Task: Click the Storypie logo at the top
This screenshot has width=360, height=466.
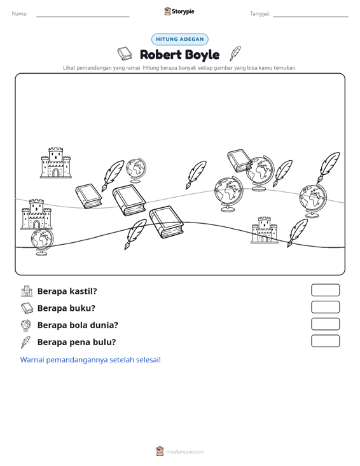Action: tap(179, 11)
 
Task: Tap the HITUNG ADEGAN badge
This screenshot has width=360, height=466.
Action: tap(180, 39)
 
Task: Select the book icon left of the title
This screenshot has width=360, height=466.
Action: tap(125, 53)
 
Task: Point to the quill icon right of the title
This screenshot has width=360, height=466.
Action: tap(235, 53)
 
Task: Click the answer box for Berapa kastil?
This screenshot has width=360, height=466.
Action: tap(325, 290)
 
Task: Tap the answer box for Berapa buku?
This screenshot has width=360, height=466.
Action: tap(325, 307)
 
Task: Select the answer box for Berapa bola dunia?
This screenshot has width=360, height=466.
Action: tap(325, 324)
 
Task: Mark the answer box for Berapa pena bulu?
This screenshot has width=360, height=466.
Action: tap(325, 341)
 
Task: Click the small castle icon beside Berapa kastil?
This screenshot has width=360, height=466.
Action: tap(27, 291)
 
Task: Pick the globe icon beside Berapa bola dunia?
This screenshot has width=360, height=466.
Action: tap(26, 325)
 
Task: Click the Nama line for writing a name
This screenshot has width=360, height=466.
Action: tap(83, 17)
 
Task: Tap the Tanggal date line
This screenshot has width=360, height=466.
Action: tap(310, 17)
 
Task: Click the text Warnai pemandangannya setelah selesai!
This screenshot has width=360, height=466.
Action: tap(90, 360)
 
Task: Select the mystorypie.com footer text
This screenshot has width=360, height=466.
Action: tap(185, 452)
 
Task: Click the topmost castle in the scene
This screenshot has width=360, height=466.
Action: tap(55, 163)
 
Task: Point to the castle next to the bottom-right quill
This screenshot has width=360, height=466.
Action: tap(265, 230)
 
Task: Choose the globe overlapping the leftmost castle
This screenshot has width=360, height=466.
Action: tap(42, 242)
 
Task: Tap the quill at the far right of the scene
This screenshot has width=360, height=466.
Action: tap(328, 167)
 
